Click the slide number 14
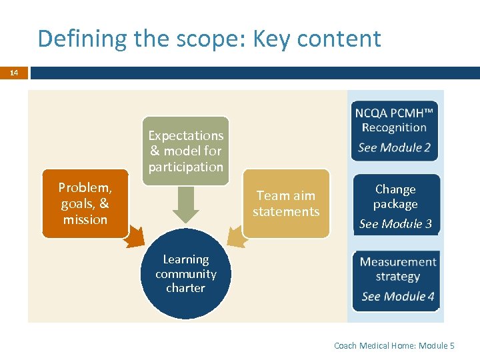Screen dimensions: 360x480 (x=14, y=73)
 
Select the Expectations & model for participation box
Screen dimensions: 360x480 (x=185, y=151)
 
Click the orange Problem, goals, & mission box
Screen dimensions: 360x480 (x=85, y=203)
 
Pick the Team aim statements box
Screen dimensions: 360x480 (x=286, y=203)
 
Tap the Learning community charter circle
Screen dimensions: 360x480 (x=186, y=274)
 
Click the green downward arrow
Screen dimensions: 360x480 (x=186, y=204)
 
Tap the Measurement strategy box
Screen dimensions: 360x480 (x=397, y=279)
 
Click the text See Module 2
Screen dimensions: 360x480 (x=395, y=148)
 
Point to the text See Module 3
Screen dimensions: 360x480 (x=395, y=224)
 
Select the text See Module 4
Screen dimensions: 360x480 (x=398, y=297)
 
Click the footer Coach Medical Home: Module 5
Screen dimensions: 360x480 (x=394, y=345)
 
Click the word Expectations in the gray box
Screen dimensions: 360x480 (x=185, y=135)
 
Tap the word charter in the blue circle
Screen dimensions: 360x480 (x=186, y=288)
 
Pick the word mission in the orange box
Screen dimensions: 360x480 (x=85, y=219)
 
